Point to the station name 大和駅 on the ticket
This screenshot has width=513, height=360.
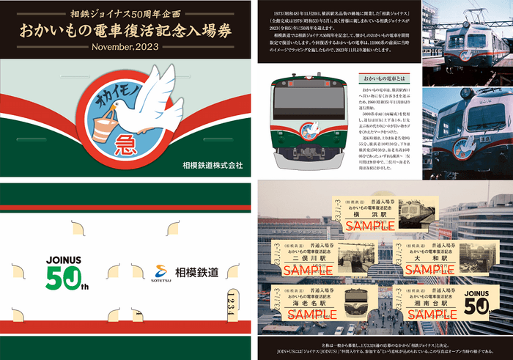[429, 258]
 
